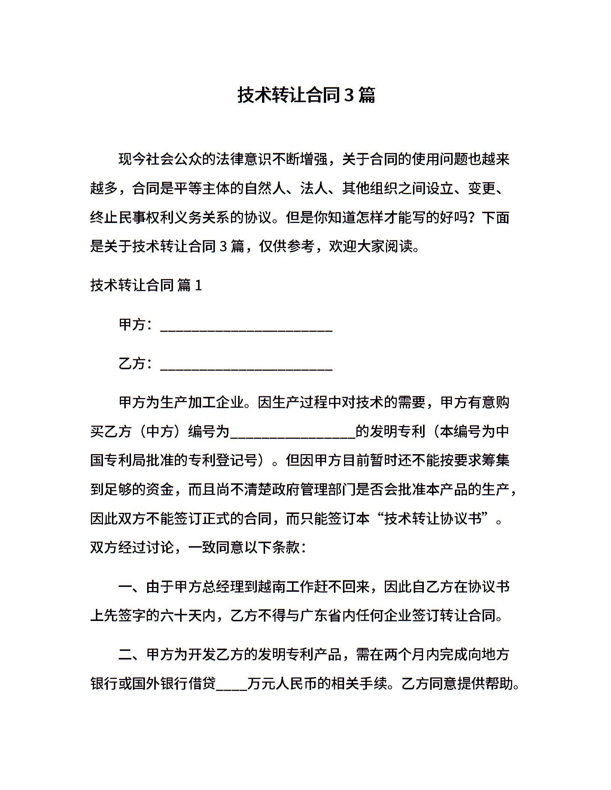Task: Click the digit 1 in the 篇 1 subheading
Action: click(198, 286)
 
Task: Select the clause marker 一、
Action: click(132, 587)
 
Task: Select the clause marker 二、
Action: click(132, 655)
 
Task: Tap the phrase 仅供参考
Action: click(286, 246)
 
